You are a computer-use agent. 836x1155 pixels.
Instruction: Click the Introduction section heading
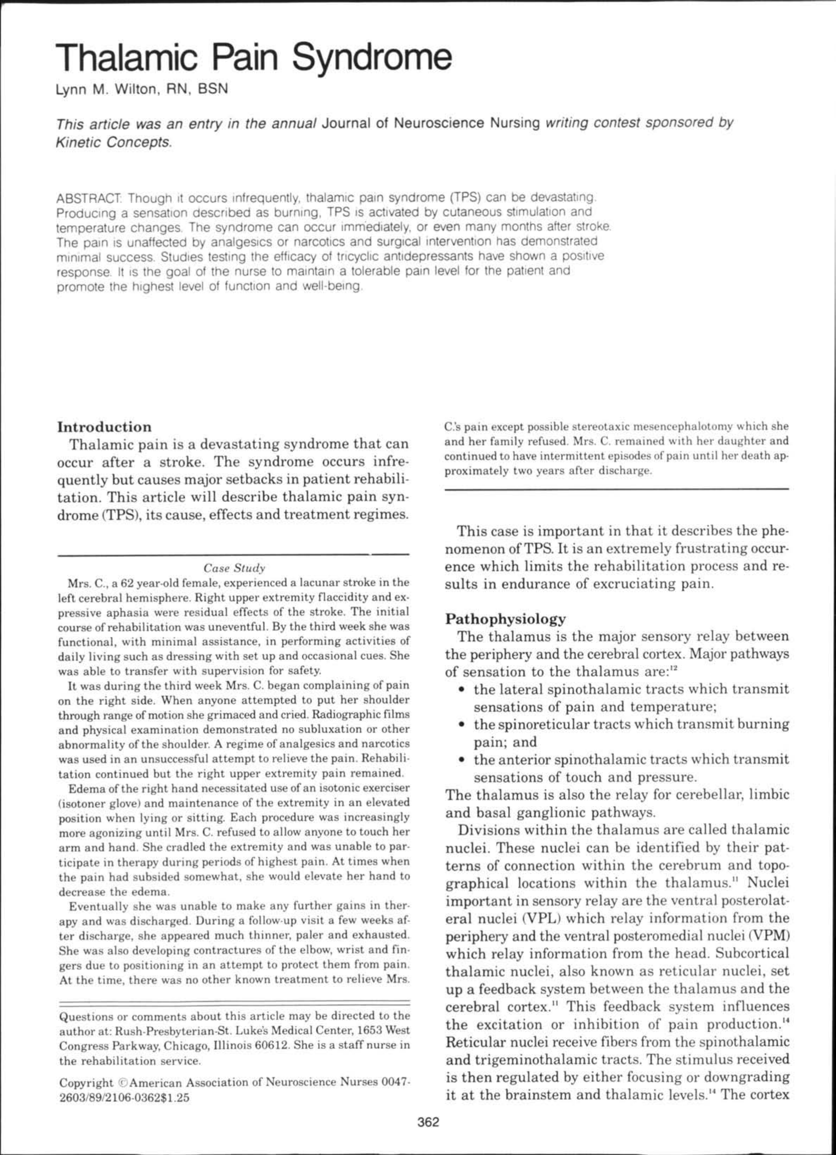(x=104, y=427)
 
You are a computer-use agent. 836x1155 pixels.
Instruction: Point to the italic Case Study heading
(x=234, y=568)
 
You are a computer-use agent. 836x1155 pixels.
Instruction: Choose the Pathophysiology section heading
(x=506, y=619)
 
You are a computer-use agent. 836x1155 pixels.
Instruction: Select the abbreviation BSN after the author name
(x=213, y=90)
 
